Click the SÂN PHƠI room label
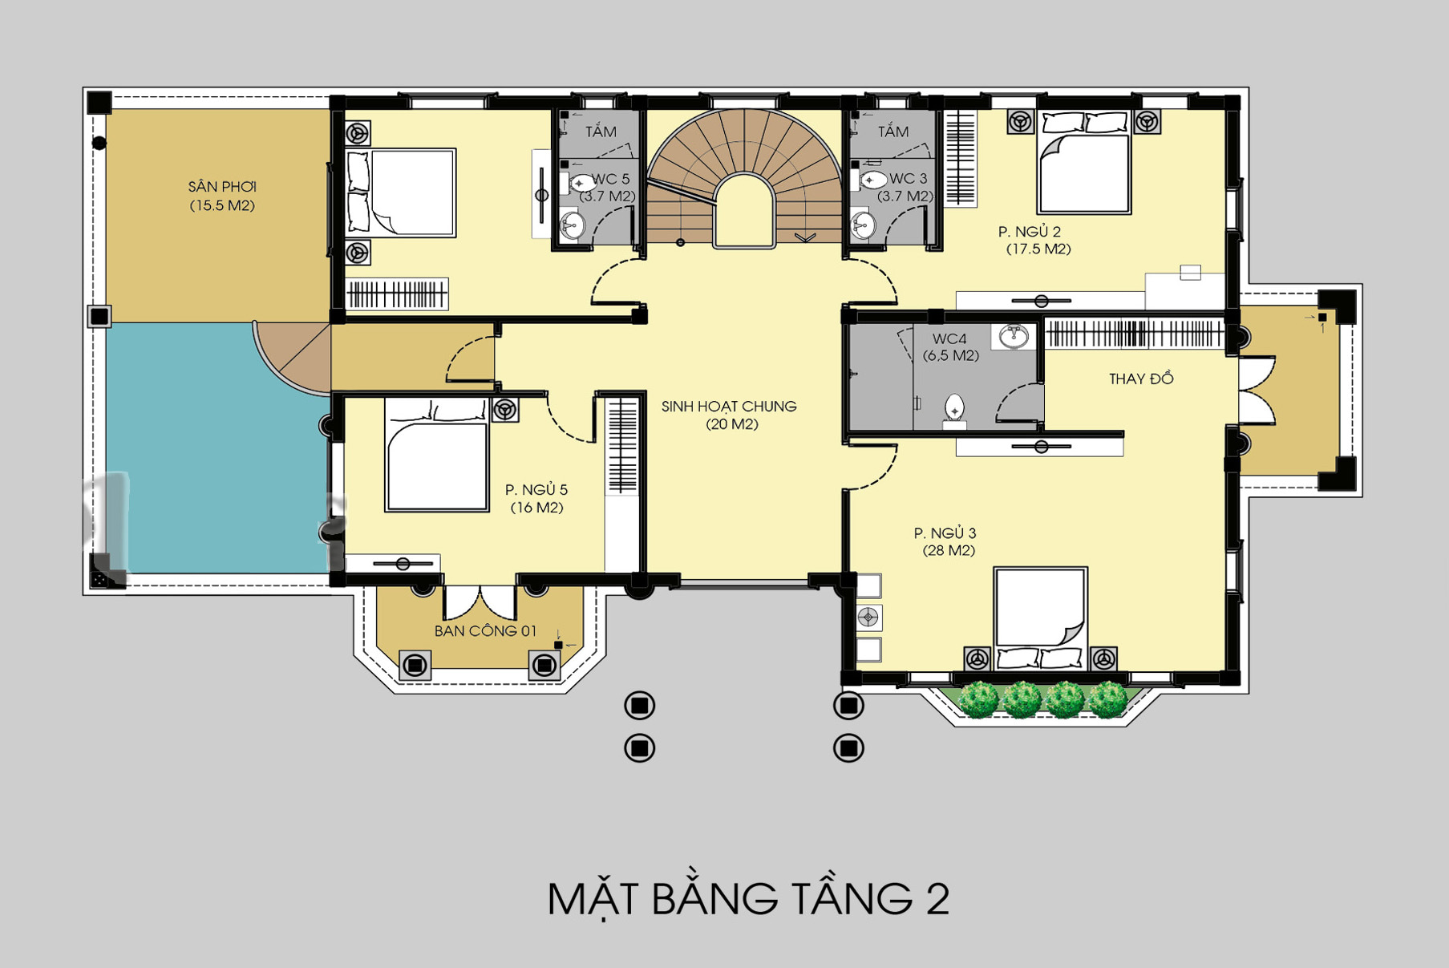(x=222, y=187)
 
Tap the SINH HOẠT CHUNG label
(x=729, y=407)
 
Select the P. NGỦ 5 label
(x=536, y=489)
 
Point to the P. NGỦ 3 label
(x=945, y=533)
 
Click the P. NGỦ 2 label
(x=1030, y=232)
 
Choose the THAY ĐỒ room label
(x=1141, y=379)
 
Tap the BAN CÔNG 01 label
(x=485, y=631)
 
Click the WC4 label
(x=949, y=339)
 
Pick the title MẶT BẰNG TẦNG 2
(x=748, y=898)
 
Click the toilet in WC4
(x=954, y=410)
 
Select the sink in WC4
(x=1014, y=335)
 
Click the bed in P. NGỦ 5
(x=437, y=455)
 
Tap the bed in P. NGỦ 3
(x=1040, y=618)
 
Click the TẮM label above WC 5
(x=601, y=132)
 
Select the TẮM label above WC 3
(x=892, y=132)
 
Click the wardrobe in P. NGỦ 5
(x=622, y=446)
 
